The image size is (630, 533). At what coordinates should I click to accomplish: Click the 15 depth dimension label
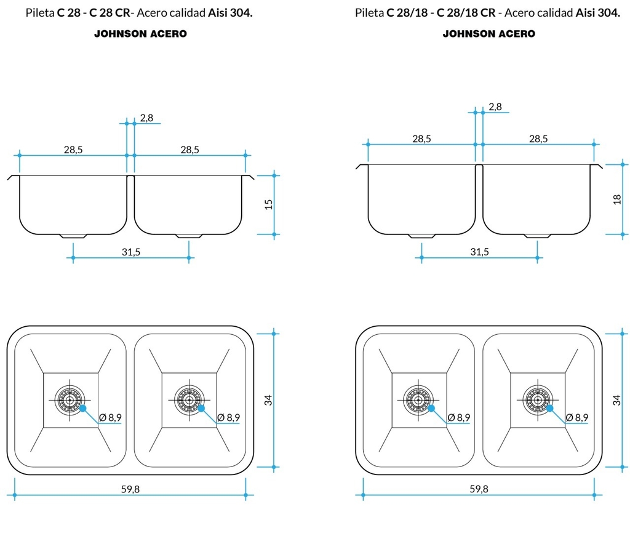point(269,204)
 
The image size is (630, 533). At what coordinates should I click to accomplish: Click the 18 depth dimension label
point(617,199)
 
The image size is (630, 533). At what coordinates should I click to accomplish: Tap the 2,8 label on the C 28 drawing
point(146,118)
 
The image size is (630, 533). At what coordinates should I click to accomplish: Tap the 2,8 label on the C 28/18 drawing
point(495,106)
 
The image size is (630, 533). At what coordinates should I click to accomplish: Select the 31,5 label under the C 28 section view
point(131,252)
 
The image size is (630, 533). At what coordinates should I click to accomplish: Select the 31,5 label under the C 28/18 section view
point(479,252)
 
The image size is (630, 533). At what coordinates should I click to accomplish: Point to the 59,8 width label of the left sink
point(130,489)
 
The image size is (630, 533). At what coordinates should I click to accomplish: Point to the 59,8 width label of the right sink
point(479,489)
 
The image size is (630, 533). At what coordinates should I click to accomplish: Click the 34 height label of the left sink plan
point(268,400)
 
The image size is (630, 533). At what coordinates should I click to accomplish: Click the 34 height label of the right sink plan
point(616,400)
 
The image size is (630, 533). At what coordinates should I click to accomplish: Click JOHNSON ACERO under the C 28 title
point(141,34)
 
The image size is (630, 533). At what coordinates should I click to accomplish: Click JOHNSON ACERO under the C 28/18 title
point(489,34)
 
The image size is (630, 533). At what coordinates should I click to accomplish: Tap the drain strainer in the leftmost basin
point(70,400)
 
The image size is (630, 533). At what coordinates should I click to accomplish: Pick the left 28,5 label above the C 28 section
point(73,150)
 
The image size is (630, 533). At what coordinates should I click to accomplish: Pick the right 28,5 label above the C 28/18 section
point(538,138)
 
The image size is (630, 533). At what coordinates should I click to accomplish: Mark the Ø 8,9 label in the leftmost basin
point(110,418)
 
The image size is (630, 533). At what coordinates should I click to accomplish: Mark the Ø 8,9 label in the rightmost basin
point(577,418)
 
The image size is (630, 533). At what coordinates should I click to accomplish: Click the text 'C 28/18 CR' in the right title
point(466,13)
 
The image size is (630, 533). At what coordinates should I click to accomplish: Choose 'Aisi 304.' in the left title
point(230,13)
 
